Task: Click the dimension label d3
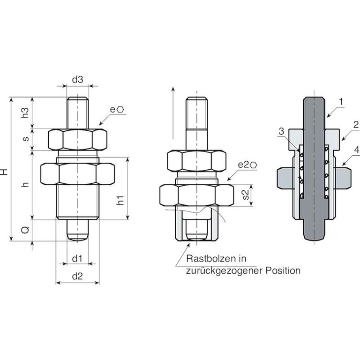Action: click(77, 79)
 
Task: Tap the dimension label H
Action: click(5, 172)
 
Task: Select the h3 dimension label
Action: click(26, 112)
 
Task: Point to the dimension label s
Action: click(26, 138)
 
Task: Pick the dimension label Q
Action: click(26, 230)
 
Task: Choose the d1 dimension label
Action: click(77, 259)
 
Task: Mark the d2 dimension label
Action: click(77, 276)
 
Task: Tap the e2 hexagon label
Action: click(247, 165)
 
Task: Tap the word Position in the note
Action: click(283, 270)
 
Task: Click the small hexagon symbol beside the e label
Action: click(121, 110)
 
